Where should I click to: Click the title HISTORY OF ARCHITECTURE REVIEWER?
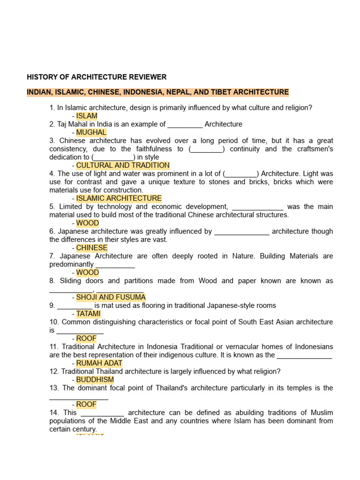(x=97, y=77)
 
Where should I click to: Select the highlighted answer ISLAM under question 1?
(x=87, y=116)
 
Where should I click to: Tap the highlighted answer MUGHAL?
(x=91, y=132)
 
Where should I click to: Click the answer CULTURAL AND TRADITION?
(x=123, y=165)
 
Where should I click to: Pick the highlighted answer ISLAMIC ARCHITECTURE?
(x=119, y=198)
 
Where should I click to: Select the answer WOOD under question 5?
(x=88, y=223)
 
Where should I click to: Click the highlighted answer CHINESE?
(x=92, y=247)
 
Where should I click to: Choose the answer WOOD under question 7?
(x=88, y=272)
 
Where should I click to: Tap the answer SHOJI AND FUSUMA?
(x=111, y=297)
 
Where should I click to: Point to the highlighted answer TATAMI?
(x=89, y=314)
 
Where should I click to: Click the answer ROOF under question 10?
(x=86, y=338)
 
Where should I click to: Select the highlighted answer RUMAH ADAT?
(x=99, y=363)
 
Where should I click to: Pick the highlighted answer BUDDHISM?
(x=95, y=380)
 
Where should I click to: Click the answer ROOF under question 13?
(x=86, y=405)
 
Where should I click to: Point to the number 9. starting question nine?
(x=52, y=306)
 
